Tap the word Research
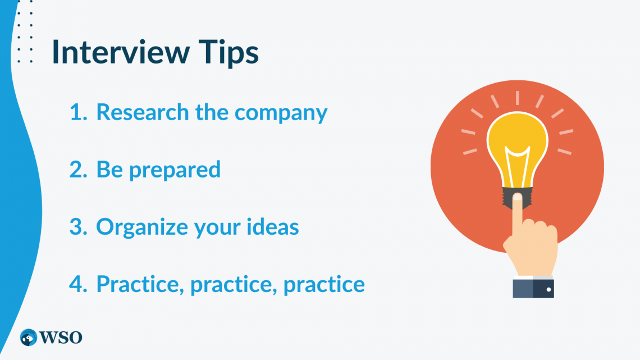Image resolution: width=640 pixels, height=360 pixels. tap(143, 112)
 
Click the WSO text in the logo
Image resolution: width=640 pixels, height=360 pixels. tap(61, 338)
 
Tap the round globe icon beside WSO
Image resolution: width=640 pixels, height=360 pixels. tap(29, 338)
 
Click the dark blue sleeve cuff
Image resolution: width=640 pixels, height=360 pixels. tap(534, 288)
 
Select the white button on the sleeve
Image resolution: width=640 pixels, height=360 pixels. tap(548, 290)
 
